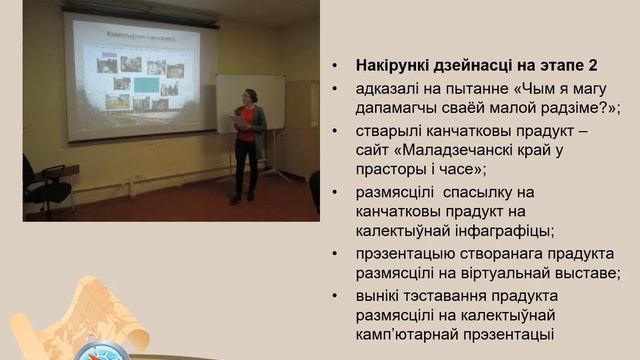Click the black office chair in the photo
(46, 185)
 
